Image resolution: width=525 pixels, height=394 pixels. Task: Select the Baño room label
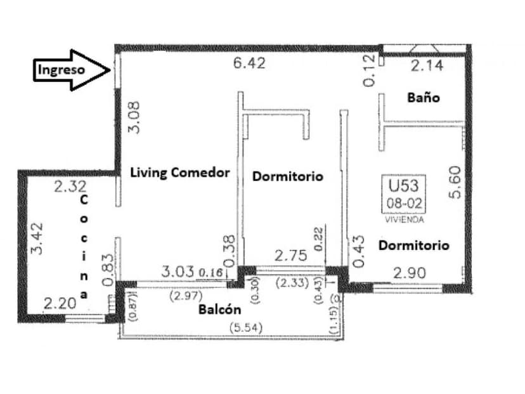tap(424, 98)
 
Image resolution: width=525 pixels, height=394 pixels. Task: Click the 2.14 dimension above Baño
tap(427, 65)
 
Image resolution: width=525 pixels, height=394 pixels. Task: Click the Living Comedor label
tap(179, 173)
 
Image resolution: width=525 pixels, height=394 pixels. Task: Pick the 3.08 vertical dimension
tap(134, 117)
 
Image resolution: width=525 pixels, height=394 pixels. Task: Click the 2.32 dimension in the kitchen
tap(69, 187)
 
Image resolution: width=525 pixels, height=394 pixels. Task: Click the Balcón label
tap(219, 310)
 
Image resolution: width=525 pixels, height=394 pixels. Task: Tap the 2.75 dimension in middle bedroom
tap(290, 256)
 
